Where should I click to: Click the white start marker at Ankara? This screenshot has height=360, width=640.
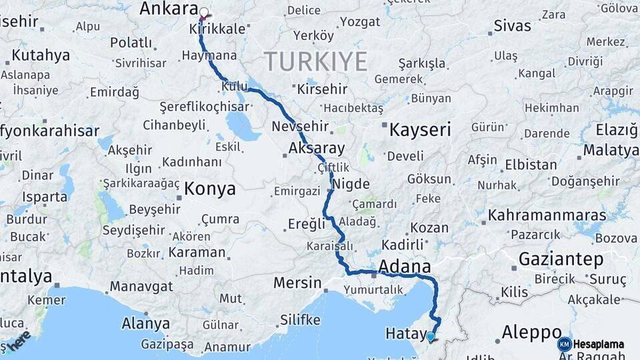(x=204, y=11)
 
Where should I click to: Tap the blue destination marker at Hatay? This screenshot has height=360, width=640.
(x=431, y=337)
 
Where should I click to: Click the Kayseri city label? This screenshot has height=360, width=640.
(x=420, y=129)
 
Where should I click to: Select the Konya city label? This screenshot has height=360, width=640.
(x=210, y=189)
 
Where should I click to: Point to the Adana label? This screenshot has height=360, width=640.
(x=404, y=267)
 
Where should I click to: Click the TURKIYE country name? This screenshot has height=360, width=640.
(x=316, y=62)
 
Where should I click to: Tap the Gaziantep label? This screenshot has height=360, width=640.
(x=561, y=259)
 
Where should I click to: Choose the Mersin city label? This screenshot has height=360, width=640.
(x=297, y=283)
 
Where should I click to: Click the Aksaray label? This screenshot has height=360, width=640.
(x=317, y=149)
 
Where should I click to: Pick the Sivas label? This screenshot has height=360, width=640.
(x=513, y=26)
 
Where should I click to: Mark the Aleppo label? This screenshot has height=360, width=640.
(x=531, y=332)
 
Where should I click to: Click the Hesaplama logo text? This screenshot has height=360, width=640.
(x=599, y=345)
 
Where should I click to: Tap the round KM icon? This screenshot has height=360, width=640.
(x=565, y=344)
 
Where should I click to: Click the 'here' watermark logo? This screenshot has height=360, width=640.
(x=19, y=342)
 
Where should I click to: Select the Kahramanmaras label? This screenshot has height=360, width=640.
(x=547, y=215)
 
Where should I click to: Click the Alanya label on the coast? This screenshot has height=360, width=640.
(x=145, y=324)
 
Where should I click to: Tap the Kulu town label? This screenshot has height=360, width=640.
(x=235, y=87)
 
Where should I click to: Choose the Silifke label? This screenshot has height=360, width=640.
(x=300, y=320)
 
